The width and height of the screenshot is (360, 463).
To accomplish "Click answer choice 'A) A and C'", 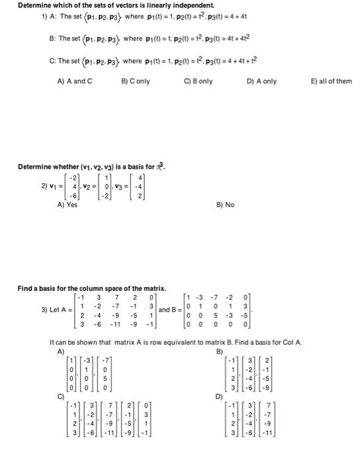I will (x=76, y=81).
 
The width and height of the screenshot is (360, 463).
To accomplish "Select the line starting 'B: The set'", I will (x=130, y=39).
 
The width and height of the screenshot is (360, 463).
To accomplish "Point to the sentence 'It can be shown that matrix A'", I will (x=176, y=342).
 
